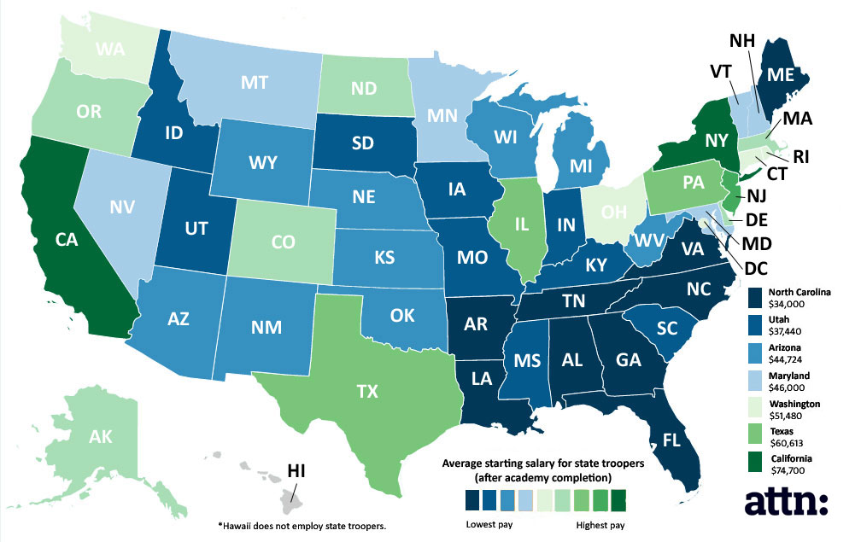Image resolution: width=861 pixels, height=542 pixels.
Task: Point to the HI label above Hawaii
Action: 297,470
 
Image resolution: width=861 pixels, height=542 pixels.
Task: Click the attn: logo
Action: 786,502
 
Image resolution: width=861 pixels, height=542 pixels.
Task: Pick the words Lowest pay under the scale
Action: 490,523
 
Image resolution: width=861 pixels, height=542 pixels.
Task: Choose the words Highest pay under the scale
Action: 600,523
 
